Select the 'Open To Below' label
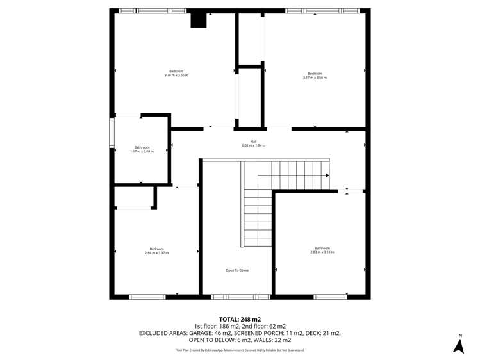[x=236, y=270]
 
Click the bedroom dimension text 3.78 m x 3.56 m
[x=176, y=76]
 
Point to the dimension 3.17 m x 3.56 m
[x=315, y=78]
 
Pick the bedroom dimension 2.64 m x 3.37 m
[x=156, y=253]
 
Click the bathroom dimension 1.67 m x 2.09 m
[x=142, y=151]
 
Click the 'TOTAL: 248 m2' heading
[x=240, y=319]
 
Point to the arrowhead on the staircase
[x=327, y=175]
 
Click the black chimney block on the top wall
[x=199, y=20]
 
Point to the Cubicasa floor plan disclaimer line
[x=240, y=350]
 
